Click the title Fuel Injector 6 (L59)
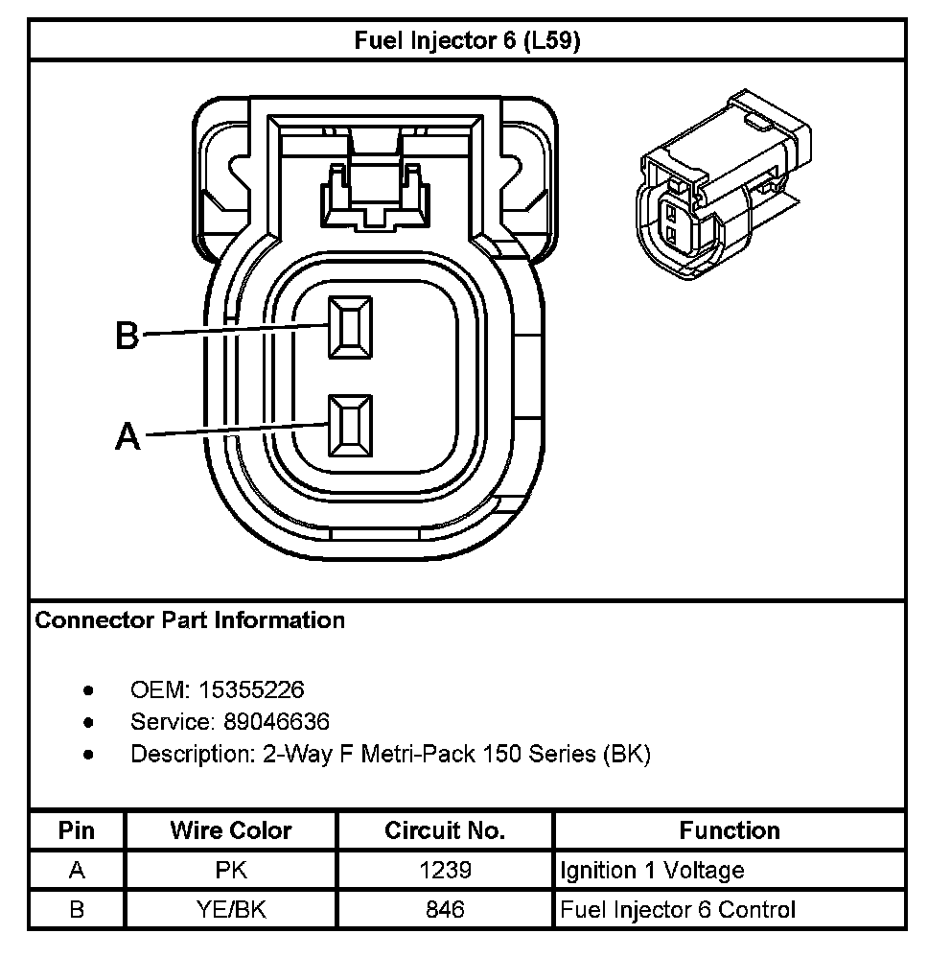(x=467, y=41)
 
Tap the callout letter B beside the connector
(x=128, y=336)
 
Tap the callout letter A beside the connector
(x=128, y=436)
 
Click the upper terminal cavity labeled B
(x=351, y=328)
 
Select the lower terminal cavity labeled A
(x=351, y=425)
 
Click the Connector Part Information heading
(x=190, y=620)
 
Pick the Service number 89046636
(x=274, y=721)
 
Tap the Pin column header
(x=77, y=830)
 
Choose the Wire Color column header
(x=231, y=830)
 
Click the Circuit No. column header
(x=444, y=830)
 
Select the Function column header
(x=730, y=830)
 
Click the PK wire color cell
(x=231, y=871)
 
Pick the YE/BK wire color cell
(x=231, y=909)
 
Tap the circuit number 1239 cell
(x=444, y=871)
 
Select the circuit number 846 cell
(x=444, y=909)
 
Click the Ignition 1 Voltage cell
(x=652, y=871)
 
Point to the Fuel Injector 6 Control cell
(x=677, y=909)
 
